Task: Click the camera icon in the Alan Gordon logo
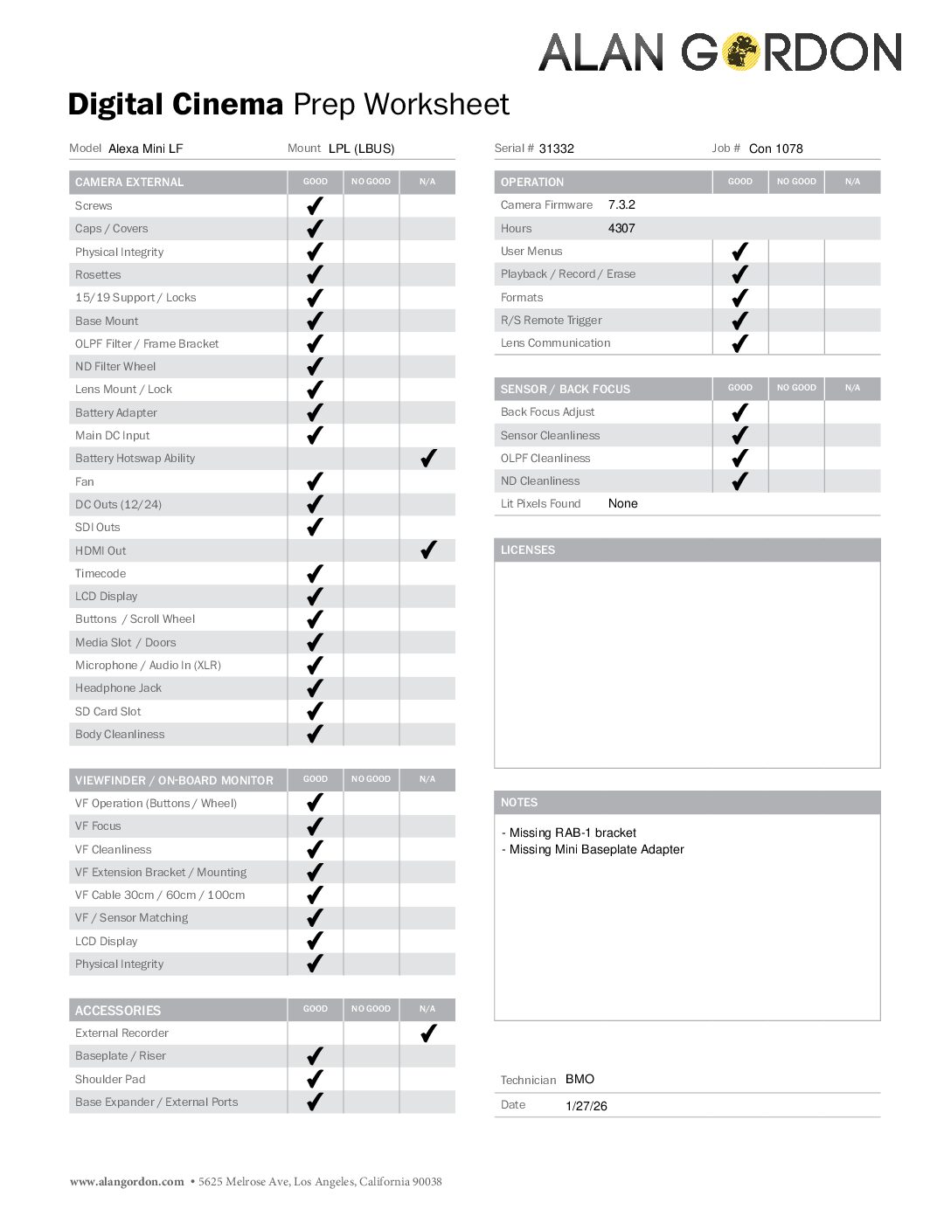point(741,52)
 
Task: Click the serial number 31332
point(556,149)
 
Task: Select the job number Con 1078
point(775,149)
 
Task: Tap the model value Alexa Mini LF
point(145,149)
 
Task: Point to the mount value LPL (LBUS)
point(361,149)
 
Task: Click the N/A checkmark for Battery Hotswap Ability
point(428,459)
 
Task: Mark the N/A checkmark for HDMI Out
point(428,550)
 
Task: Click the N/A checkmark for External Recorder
point(428,1033)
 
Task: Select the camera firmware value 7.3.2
point(621,205)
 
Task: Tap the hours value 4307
point(621,228)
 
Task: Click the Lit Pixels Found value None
point(622,504)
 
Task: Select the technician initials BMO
point(580,1080)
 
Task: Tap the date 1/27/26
point(586,1106)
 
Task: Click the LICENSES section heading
point(528,550)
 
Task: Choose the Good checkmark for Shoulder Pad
point(316,1079)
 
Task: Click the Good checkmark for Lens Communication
point(740,343)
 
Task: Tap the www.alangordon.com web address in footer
point(127,1182)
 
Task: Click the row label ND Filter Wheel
point(115,367)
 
